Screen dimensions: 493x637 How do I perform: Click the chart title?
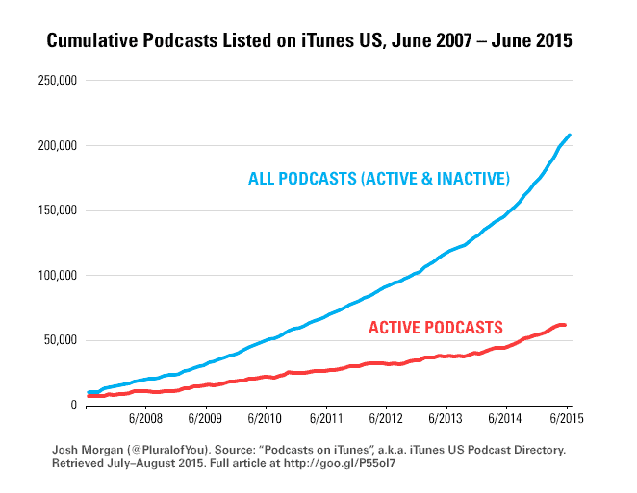point(318,41)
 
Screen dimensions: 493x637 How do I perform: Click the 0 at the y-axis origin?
point(72,405)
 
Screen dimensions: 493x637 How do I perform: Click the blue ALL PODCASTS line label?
point(378,179)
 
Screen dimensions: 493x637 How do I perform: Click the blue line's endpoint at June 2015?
point(569,136)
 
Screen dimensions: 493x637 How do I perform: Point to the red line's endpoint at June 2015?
point(565,325)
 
